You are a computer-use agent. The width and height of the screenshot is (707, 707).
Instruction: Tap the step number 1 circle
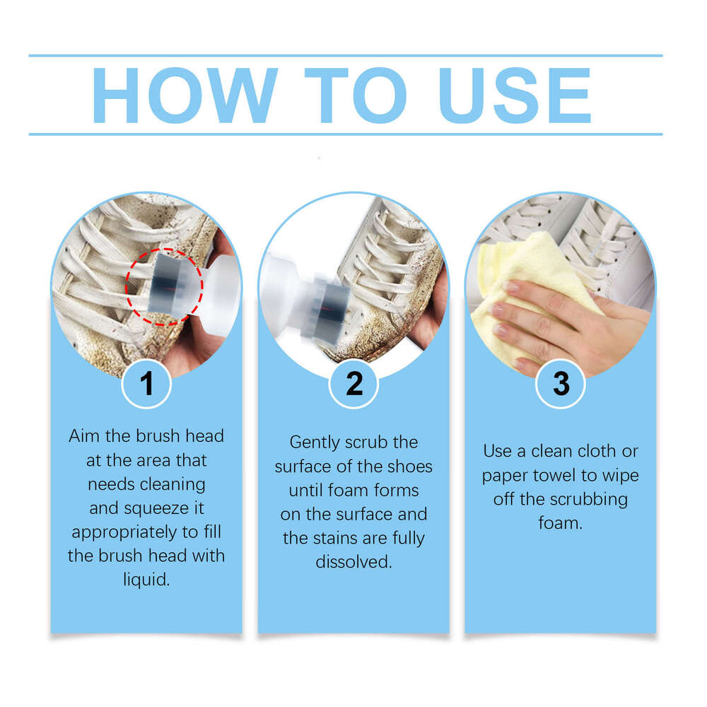146,384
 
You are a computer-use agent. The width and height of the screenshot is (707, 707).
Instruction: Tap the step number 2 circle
354,384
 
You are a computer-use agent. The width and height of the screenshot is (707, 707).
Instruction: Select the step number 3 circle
561,384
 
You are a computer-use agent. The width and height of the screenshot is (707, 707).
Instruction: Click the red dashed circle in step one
165,286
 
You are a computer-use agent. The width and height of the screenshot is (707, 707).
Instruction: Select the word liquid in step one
146,580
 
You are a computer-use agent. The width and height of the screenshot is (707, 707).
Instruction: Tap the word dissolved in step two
353,562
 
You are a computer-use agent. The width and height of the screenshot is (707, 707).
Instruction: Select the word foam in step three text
561,523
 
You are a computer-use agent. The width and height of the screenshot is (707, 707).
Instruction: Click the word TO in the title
350,95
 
